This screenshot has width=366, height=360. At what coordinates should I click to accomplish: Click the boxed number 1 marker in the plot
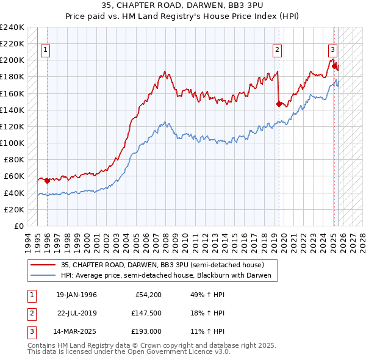46,51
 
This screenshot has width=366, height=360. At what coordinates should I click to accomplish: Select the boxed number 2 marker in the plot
277,51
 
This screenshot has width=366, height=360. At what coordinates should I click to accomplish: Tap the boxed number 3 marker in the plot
332,51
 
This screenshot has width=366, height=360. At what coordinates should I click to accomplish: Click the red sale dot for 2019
279,104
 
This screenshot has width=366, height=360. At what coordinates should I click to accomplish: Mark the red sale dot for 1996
48,181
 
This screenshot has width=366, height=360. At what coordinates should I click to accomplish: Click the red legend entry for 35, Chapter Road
162,265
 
